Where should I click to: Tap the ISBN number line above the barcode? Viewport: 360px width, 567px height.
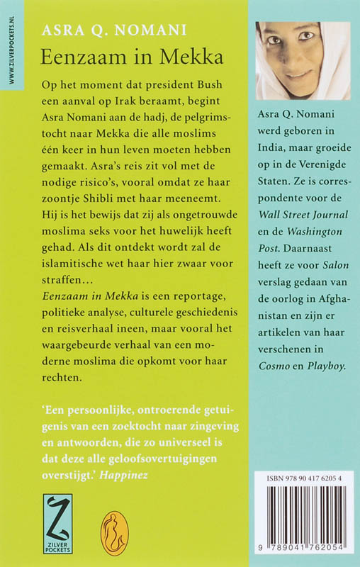303,479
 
